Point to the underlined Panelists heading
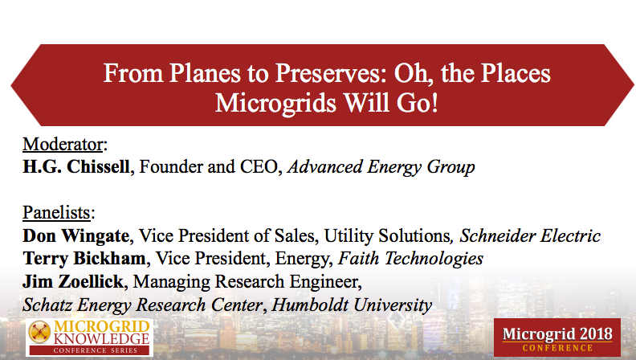coord(59,214)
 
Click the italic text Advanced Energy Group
coord(381,168)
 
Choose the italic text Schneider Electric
coord(530,236)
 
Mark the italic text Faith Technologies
coord(410,259)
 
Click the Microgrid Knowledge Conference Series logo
coord(88,337)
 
